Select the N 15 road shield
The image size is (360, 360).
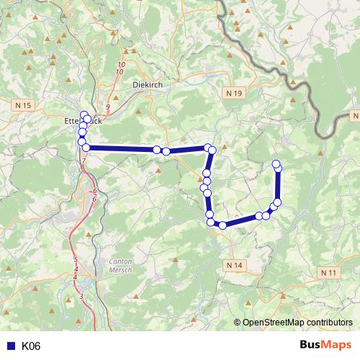(23, 105)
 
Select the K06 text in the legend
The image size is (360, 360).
(31, 346)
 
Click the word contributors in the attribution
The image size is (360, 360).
(328, 322)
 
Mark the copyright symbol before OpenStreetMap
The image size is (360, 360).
(238, 322)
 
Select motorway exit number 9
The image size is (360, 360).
(107, 107)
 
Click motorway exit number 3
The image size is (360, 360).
(81, 296)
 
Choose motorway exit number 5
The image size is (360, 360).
(75, 259)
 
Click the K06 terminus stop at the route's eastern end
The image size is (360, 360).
(276, 164)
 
